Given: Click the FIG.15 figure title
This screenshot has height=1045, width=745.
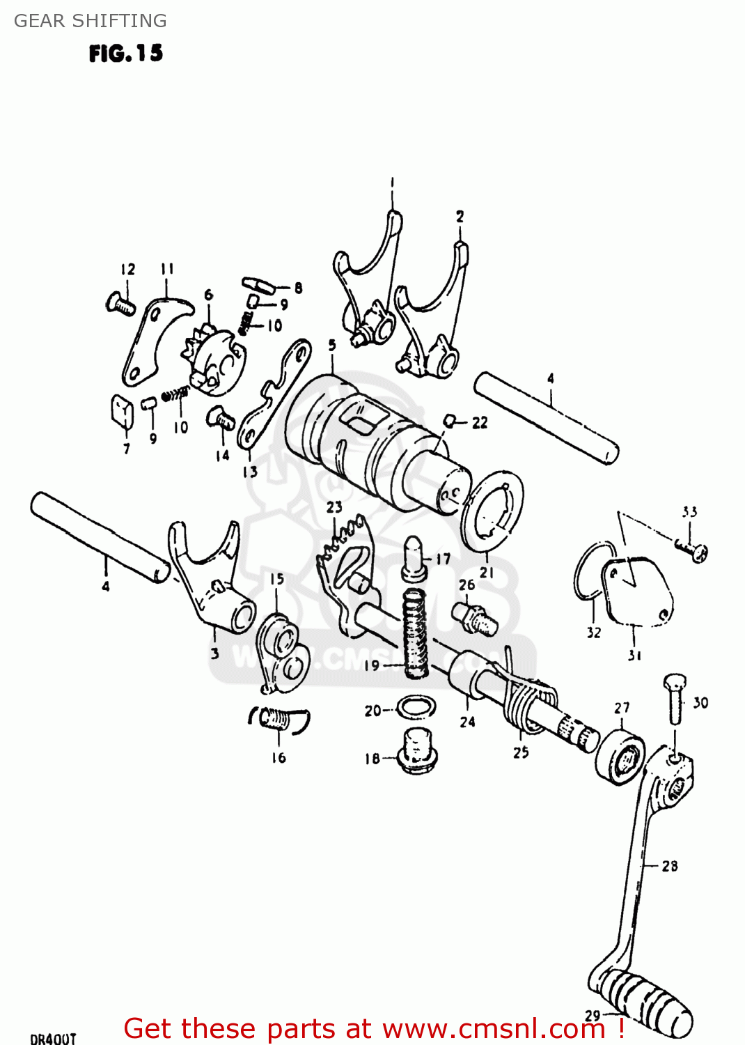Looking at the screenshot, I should click(126, 54).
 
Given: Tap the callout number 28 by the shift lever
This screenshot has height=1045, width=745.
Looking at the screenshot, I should click(670, 866).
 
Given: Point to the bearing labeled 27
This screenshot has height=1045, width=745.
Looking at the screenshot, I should click(620, 757).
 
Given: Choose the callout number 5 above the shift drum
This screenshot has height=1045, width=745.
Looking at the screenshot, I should click(332, 346).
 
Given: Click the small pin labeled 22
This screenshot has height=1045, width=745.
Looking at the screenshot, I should click(450, 420).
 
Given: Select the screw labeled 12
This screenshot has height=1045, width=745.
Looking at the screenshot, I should click(121, 304).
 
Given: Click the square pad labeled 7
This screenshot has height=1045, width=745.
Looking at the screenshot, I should click(122, 412).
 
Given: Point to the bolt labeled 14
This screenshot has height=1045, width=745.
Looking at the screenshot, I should click(220, 418).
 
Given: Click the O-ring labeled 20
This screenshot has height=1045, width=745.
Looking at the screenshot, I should click(416, 708).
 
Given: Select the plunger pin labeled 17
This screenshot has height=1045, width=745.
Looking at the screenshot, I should click(414, 557).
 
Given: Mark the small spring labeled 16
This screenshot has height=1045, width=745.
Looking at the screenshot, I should click(279, 718).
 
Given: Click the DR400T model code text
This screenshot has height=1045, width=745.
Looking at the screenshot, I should click(53, 1038).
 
